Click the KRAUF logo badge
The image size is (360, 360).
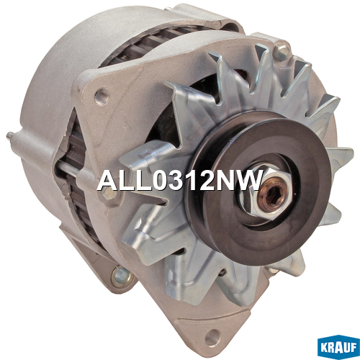[338, 346]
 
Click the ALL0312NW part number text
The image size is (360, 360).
[179, 180]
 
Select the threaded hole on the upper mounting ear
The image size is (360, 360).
[102, 96]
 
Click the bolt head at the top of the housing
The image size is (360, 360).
[282, 52]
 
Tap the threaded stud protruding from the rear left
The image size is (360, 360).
[12, 136]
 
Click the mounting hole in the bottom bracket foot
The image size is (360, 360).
[212, 337]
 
